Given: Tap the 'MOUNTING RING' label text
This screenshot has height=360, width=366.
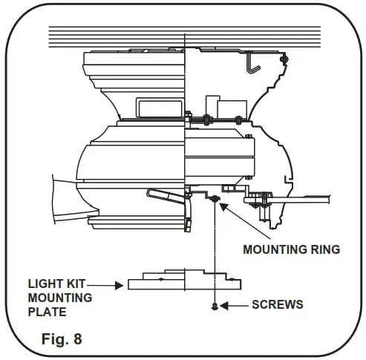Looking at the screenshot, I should tap(291, 249).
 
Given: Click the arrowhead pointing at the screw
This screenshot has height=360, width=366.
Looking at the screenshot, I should tap(226, 304).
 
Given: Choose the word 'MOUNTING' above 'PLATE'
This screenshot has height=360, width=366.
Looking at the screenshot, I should tap(60, 298).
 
